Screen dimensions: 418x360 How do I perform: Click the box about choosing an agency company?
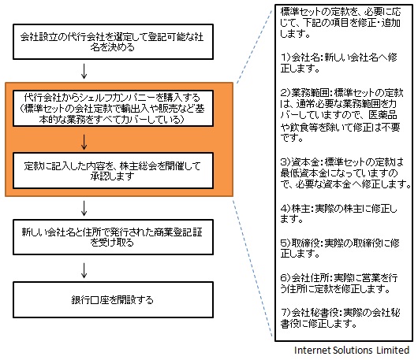tap(113, 42)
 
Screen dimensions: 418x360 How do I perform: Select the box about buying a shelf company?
tap(113, 109)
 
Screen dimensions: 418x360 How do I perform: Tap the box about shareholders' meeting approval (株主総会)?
tap(113, 171)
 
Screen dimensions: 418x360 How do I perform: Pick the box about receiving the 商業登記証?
tap(113, 237)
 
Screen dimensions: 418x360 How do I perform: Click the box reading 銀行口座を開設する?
tap(113, 300)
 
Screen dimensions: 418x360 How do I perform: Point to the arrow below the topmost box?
tap(84, 71)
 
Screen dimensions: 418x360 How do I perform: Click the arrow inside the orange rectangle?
tap(84, 142)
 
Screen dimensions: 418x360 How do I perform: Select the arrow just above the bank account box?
tap(84, 270)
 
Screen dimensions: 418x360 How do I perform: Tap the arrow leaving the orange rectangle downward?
tap(84, 208)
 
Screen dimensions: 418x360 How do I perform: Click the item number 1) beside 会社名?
tap(286, 58)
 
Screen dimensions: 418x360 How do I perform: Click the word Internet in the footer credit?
tap(311, 350)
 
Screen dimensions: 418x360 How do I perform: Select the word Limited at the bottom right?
tap(393, 350)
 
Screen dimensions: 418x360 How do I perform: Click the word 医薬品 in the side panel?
tap(383, 115)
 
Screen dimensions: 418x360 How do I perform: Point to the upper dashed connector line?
tap(255, 45)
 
